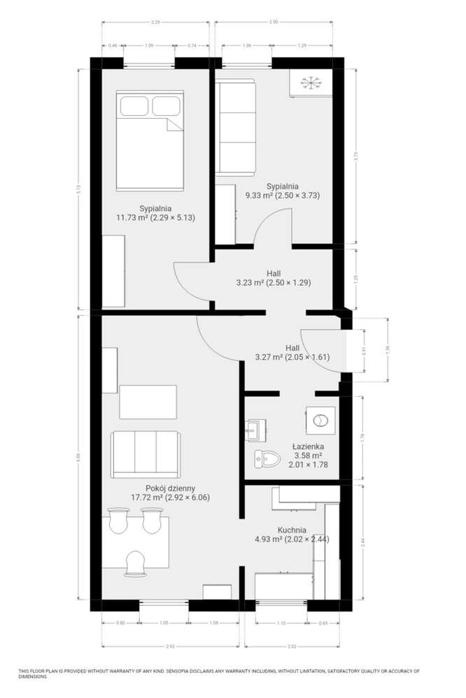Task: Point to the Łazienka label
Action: [x=309, y=445]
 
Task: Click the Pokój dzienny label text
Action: [x=170, y=488]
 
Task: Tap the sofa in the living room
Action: [x=144, y=454]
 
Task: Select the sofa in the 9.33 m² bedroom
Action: [x=235, y=127]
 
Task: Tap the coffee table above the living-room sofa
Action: [x=148, y=401]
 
